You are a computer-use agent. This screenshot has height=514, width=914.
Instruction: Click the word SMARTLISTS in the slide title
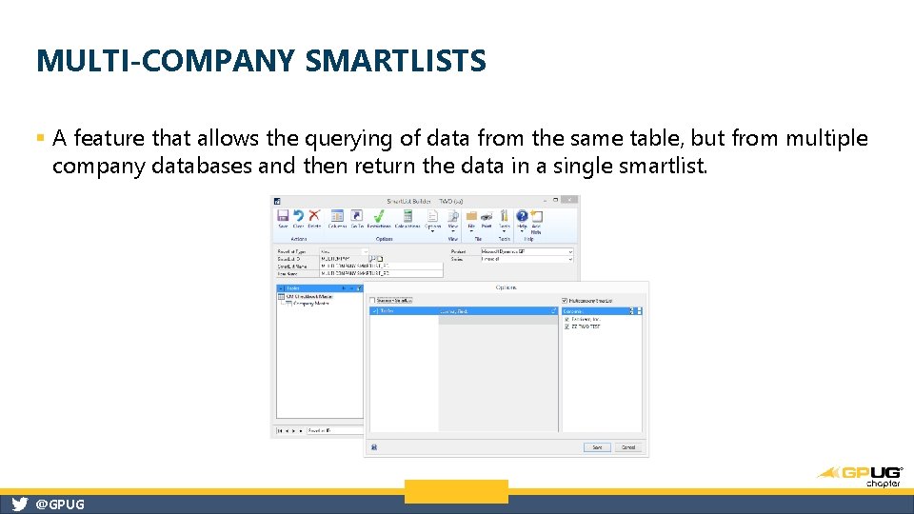396,62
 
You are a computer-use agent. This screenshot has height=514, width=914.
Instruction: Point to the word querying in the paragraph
358,139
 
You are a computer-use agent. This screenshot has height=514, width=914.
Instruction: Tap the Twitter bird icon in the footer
19,504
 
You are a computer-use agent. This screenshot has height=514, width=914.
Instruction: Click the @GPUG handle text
59,504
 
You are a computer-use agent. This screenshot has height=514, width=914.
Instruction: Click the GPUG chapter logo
860,474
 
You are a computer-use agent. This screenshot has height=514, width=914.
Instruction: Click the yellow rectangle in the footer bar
456,491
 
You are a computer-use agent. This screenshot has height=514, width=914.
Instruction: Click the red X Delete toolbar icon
314,216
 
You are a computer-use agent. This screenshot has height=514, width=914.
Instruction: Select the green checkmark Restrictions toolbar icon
379,216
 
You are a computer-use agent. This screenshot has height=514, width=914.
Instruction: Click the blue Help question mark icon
522,216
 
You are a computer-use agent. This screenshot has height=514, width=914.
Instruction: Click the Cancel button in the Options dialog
628,446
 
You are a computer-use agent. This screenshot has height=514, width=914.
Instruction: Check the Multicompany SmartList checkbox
566,301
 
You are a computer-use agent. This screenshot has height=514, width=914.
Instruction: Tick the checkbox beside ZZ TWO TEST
566,326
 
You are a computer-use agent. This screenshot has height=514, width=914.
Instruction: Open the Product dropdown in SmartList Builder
570,251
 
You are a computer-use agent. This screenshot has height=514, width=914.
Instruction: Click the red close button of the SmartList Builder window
569,201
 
